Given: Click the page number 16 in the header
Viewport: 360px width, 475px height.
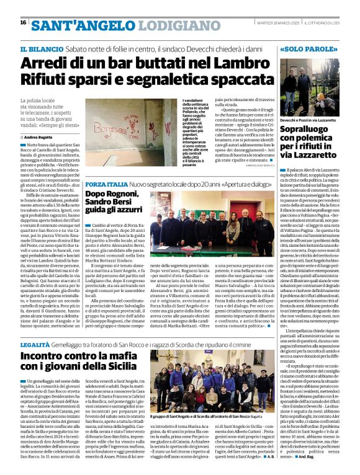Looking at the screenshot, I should pos(22,22).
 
